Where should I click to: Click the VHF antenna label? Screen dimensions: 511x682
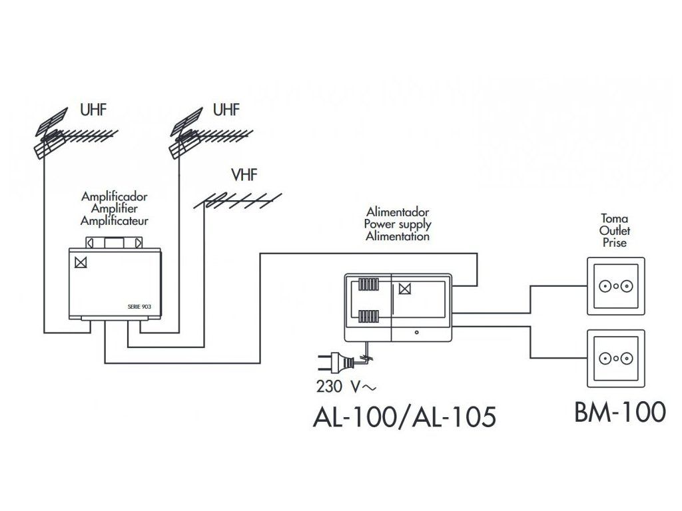pyautogui.click(x=243, y=176)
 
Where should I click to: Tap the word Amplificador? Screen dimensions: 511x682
pyautogui.click(x=115, y=197)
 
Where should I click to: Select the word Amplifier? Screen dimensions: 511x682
pyautogui.click(x=115, y=209)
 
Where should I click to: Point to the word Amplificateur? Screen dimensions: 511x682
pyautogui.click(x=115, y=221)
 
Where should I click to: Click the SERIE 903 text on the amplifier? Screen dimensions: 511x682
pyautogui.click(x=140, y=307)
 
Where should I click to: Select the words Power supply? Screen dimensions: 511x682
pyautogui.click(x=397, y=224)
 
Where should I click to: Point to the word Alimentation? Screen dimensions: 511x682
pyautogui.click(x=397, y=236)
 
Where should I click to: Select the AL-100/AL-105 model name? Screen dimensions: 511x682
pyautogui.click(x=404, y=417)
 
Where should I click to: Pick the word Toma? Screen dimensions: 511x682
pyautogui.click(x=614, y=218)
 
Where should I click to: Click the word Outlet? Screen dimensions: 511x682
pyautogui.click(x=614, y=230)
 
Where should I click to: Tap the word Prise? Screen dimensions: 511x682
pyautogui.click(x=614, y=242)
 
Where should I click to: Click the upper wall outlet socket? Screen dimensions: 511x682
pyautogui.click(x=616, y=287)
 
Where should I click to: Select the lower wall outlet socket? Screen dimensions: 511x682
pyautogui.click(x=616, y=357)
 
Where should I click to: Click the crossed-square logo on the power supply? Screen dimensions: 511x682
pyautogui.click(x=404, y=288)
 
